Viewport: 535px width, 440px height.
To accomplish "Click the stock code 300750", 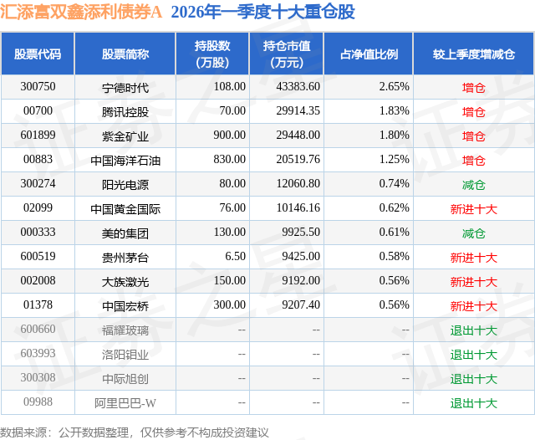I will [38, 86].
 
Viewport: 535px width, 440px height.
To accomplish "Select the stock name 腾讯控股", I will [124, 111].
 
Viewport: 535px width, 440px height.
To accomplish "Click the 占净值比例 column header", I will [369, 54].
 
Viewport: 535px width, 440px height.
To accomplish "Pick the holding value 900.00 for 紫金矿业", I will [228, 136].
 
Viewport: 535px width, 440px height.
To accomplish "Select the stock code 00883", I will [38, 160].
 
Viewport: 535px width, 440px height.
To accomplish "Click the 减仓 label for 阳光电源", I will [474, 184].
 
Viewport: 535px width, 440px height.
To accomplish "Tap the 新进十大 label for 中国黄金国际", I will [474, 209].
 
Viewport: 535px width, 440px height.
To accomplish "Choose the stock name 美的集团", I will [124, 233].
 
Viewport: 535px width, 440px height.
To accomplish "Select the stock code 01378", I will [38, 306].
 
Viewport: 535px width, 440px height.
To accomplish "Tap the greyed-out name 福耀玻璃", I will [124, 330].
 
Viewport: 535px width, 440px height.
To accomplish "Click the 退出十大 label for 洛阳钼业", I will [474, 355].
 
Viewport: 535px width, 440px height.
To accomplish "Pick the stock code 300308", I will [38, 379].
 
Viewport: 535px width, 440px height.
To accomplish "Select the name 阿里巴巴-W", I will [124, 404].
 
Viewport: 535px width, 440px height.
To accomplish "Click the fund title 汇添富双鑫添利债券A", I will [82, 12].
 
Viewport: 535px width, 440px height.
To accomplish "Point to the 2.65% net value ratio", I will [394, 86].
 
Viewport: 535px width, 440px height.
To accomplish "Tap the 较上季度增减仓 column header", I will [474, 54].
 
